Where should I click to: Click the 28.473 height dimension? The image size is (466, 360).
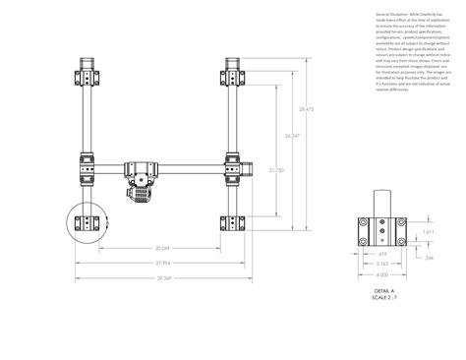pos(306,109)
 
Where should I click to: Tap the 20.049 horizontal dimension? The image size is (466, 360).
pos(163,248)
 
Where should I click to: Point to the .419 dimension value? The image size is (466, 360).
pos(381,254)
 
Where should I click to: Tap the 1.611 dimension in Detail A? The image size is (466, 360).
pos(429,232)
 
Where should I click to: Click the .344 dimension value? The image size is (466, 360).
pos(429,257)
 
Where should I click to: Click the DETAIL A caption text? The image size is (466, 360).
pos(383,291)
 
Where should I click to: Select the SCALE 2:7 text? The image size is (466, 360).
pos(383,298)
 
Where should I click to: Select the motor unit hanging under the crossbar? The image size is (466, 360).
pos(142,181)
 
